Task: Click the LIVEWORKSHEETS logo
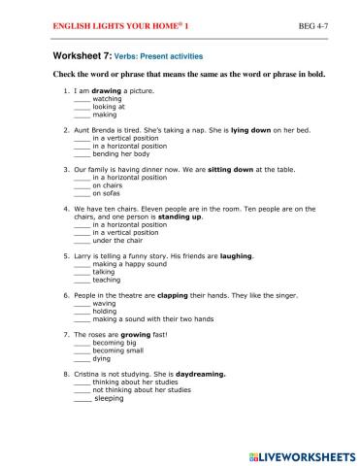click(x=302, y=453)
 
